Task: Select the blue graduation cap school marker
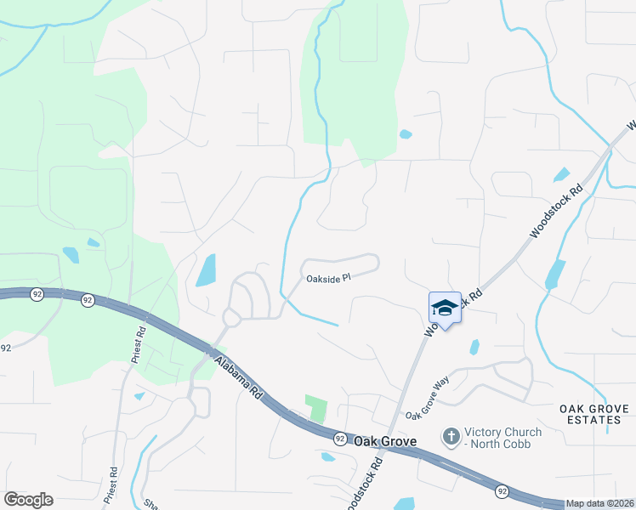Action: (445, 309)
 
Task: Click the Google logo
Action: (28, 500)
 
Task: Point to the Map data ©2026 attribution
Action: (600, 503)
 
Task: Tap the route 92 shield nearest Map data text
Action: (503, 490)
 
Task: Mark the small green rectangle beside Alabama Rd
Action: (316, 408)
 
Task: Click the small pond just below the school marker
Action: (474, 347)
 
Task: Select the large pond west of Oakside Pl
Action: (206, 270)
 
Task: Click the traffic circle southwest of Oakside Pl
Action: (230, 316)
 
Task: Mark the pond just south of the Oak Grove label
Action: (327, 456)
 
